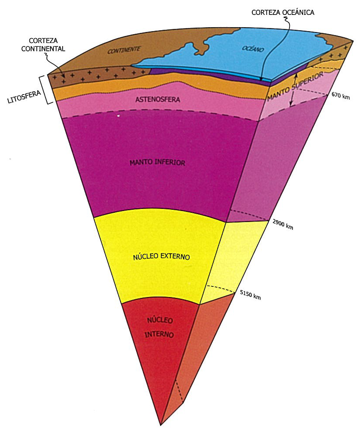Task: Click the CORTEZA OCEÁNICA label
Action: click(283, 13)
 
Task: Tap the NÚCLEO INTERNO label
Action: click(160, 327)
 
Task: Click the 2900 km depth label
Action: click(282, 225)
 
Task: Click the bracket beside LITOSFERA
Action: click(44, 89)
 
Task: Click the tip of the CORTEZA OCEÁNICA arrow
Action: click(261, 80)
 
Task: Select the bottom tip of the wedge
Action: click(161, 424)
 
